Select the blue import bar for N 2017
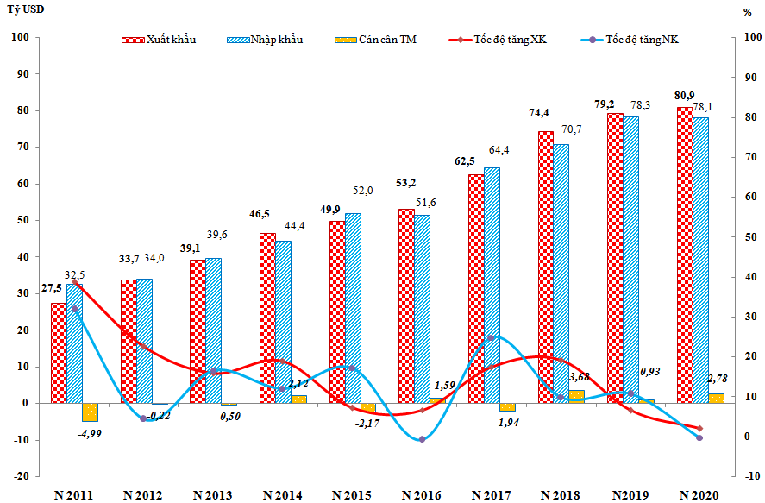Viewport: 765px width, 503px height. [492, 285]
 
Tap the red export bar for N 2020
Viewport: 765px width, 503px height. [684, 255]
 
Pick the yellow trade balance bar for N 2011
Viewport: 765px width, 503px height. [90, 412]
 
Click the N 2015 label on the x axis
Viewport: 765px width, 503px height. [351, 495]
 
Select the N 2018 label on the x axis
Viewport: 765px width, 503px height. [561, 495]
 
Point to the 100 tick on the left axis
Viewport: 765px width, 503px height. [22, 38]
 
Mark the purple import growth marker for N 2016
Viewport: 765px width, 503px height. [422, 439]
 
